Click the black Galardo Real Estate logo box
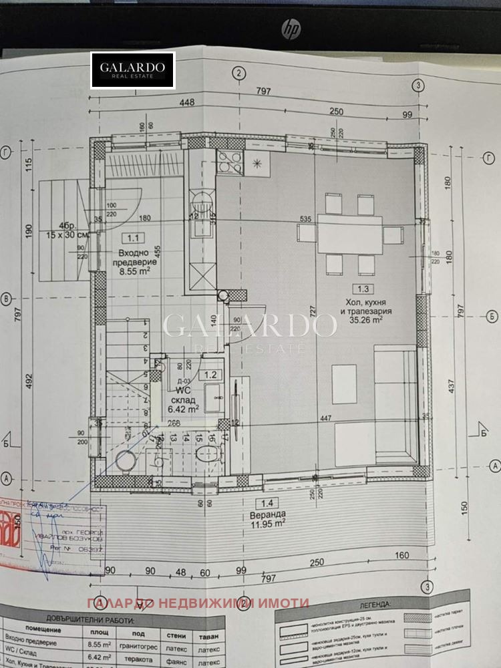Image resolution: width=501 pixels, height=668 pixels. click(133, 70)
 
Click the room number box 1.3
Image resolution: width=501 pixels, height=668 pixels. click(364, 289)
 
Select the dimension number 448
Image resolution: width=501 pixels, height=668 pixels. click(186, 102)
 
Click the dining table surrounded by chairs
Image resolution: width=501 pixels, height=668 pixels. click(350, 234)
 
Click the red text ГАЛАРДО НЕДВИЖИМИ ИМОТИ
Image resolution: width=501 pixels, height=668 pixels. click(198, 603)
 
